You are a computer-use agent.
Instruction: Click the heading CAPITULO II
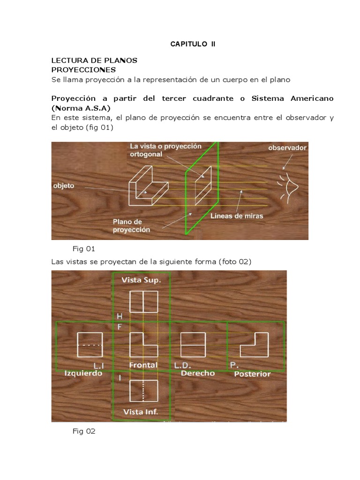pyautogui.click(x=192, y=44)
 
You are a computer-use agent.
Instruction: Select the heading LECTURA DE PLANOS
pyautogui.click(x=94, y=61)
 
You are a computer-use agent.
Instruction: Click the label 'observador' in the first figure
pyautogui.click(x=287, y=148)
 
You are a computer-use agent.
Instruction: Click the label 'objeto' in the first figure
pyautogui.click(x=64, y=186)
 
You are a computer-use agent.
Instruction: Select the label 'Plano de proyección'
pyautogui.click(x=131, y=225)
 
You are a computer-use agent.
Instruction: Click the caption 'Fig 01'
pyautogui.click(x=84, y=248)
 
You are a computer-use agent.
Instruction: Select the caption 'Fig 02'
pyautogui.click(x=84, y=431)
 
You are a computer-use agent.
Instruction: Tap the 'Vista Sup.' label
pyautogui.click(x=141, y=280)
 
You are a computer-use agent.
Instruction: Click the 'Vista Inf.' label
pyautogui.click(x=141, y=412)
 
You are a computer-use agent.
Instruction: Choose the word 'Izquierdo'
pyautogui.click(x=83, y=374)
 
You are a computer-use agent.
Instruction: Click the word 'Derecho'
pyautogui.click(x=197, y=373)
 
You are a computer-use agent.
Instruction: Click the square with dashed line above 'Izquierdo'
pyautogui.click(x=89, y=345)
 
